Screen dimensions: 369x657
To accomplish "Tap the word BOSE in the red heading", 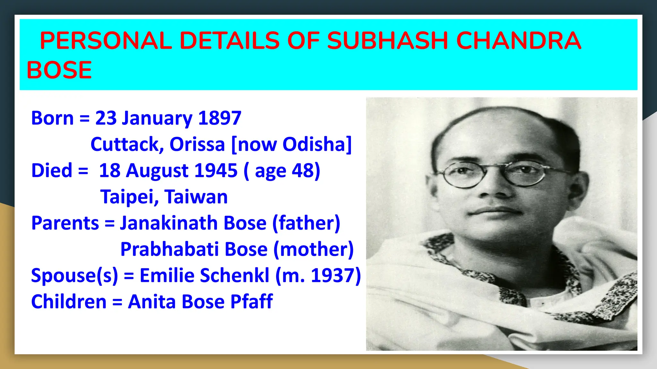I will (59, 70).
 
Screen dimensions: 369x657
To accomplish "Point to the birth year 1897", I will (220, 118).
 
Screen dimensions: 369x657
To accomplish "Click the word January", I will (157, 119).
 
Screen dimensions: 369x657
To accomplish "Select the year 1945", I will (216, 170).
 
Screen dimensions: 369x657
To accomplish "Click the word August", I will (157, 171).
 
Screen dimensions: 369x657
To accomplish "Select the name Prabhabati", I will (169, 249).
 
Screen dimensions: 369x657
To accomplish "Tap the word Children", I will (69, 302).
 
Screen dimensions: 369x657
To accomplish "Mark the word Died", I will (52, 170).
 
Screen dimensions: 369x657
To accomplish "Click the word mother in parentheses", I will (314, 249).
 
